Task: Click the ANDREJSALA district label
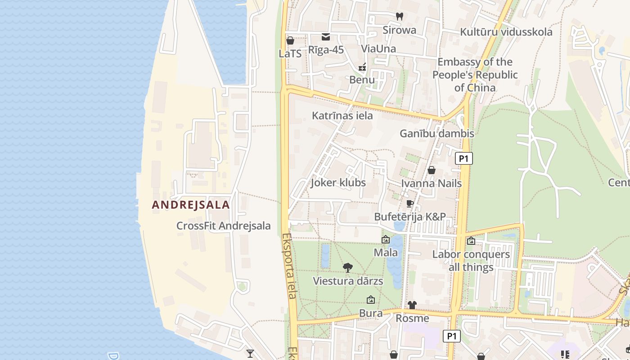191,205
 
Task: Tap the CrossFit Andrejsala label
224,226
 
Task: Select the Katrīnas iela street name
342,116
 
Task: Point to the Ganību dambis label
437,133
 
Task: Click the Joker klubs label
338,183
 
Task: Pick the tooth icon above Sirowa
399,17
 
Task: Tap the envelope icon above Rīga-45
326,36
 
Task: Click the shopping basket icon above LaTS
290,40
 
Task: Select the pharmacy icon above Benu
362,67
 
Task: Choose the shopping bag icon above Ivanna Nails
431,170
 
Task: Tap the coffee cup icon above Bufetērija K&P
409,204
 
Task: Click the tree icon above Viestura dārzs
347,268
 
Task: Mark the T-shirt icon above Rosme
412,305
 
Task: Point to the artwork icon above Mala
386,239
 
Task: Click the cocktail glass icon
250,354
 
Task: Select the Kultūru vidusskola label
506,32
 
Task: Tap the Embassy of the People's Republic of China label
475,75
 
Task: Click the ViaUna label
378,49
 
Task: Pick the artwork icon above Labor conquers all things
471,241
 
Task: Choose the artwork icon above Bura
371,300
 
